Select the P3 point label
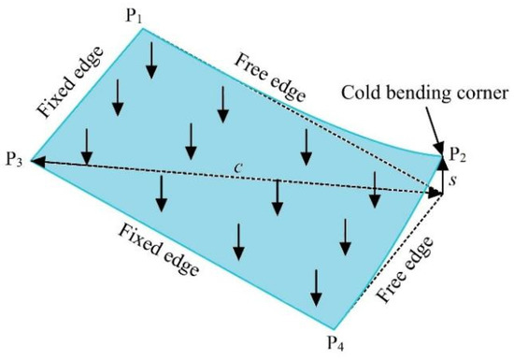pos(14,160)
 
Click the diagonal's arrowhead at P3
pos(38,162)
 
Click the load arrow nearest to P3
pos(86,144)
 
